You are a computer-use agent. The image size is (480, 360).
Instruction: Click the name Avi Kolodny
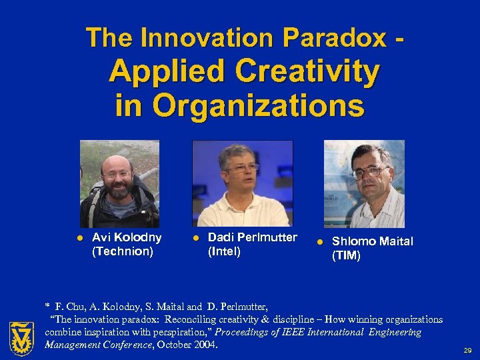[x=127, y=237]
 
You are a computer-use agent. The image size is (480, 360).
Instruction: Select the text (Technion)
[x=123, y=251]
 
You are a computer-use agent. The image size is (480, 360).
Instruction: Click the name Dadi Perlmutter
[x=253, y=237]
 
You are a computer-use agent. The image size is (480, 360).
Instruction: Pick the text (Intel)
[x=224, y=251]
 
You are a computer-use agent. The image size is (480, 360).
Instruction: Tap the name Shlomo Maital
[x=373, y=241]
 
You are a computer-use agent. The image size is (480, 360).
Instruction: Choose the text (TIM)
[x=346, y=255]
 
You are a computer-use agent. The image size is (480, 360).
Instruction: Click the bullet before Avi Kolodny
[x=79, y=238]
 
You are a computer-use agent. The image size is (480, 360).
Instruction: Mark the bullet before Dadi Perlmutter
[x=195, y=238]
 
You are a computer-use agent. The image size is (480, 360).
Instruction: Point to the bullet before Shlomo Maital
[x=319, y=242]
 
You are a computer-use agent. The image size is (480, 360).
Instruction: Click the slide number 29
[x=467, y=349]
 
